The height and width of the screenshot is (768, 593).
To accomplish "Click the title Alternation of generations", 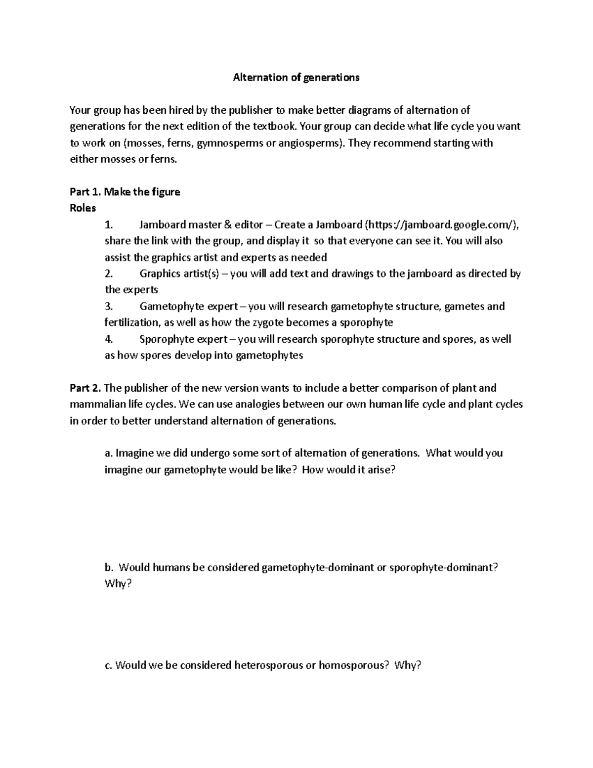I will click(x=296, y=78).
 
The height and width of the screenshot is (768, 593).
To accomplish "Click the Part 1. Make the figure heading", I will click(x=125, y=192).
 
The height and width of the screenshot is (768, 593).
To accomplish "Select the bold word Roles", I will click(x=83, y=208).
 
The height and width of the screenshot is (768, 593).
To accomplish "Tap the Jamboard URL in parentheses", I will click(x=441, y=225).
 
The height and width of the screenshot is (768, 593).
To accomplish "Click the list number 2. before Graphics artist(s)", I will click(x=109, y=273).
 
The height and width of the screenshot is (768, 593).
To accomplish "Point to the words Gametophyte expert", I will click(x=188, y=307).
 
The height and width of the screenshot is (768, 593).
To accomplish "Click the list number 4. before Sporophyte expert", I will click(x=109, y=339).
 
